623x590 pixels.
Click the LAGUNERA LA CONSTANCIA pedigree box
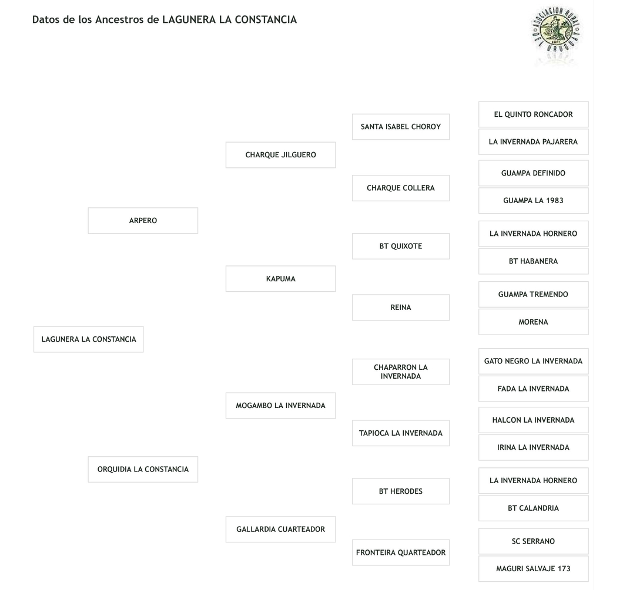88,339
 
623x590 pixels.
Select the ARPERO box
143,221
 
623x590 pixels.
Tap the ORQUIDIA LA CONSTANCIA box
143,469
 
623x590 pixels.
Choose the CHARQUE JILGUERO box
280,155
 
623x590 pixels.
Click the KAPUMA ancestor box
280,279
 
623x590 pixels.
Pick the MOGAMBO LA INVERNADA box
280,406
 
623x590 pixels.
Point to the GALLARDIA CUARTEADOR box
280,530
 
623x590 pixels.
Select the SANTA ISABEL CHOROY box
401,127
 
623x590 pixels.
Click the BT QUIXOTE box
401,247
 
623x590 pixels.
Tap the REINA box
401,308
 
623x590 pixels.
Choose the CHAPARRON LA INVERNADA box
401,372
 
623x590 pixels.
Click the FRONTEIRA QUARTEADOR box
401,552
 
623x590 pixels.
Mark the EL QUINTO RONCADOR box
533,114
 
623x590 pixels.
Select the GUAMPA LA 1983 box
533,201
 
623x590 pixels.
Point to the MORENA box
533,322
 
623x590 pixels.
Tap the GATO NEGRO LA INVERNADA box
533,362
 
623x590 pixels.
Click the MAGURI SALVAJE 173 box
533,569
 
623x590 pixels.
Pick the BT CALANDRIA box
533,508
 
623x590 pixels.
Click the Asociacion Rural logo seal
555,34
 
